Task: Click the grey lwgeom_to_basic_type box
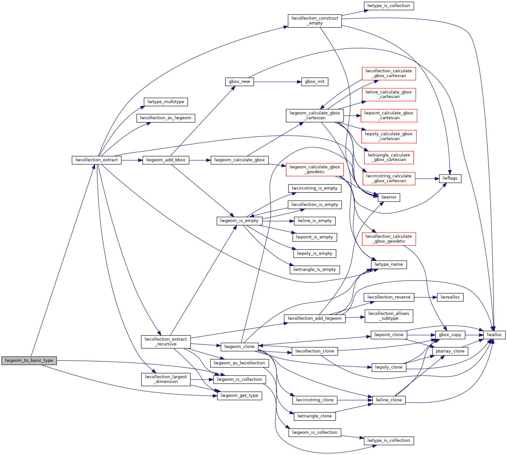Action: tap(29, 361)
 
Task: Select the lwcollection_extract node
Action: tap(96, 160)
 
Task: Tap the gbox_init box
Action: tap(314, 82)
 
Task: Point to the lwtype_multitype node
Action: tap(166, 102)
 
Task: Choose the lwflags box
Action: tap(450, 178)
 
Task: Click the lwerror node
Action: tap(389, 197)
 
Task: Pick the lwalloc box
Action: tap(494, 335)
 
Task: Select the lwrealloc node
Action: tap(450, 297)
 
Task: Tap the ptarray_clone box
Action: tap(450, 351)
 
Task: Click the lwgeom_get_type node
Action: tap(240, 396)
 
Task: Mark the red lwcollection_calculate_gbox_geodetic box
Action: tap(388, 239)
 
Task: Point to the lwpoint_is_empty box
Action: tap(314, 237)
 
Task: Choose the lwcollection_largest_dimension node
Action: tap(166, 379)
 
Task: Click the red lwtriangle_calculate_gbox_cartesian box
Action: tap(389, 157)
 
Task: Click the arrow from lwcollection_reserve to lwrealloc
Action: tap(425, 297)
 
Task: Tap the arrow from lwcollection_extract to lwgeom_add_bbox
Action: tap(132, 160)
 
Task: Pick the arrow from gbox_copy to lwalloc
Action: tap(474, 335)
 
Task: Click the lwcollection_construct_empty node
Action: tap(314, 21)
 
